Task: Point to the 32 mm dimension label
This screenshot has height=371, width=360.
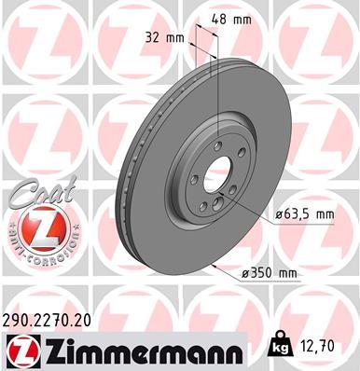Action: tap(168, 37)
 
